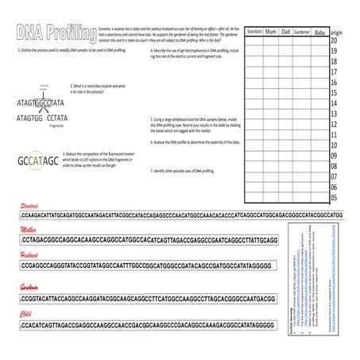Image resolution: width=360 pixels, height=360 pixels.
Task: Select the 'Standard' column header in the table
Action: tap(254, 31)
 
